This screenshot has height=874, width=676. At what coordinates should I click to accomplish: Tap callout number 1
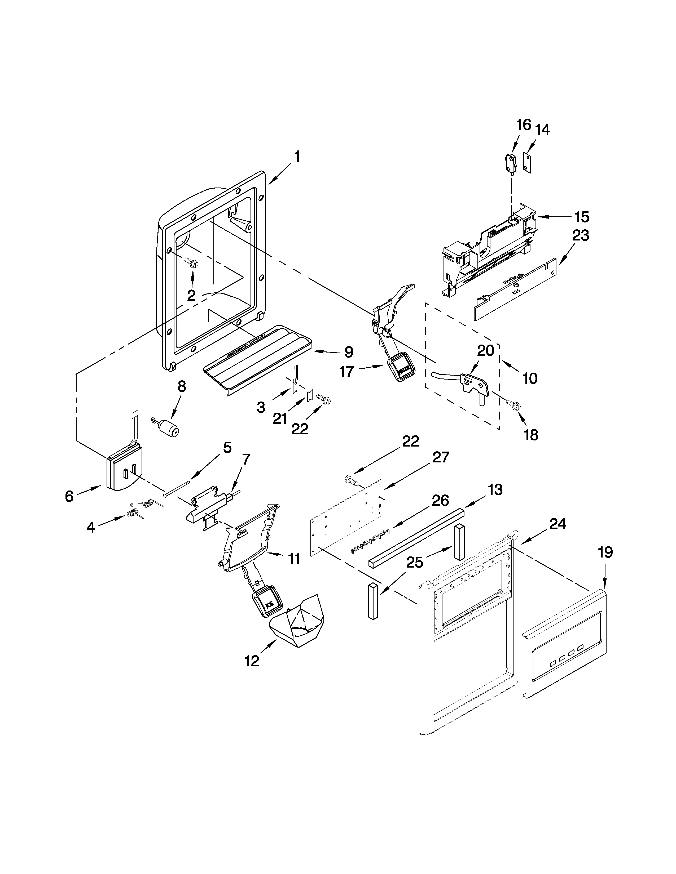pyautogui.click(x=297, y=157)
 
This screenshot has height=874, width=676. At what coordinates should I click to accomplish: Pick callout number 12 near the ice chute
pyautogui.click(x=252, y=661)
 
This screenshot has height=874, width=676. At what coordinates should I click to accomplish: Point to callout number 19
pyautogui.click(x=605, y=553)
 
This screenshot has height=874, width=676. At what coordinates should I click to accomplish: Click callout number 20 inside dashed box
pyautogui.click(x=485, y=351)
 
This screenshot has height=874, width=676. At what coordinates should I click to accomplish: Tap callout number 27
pyautogui.click(x=441, y=457)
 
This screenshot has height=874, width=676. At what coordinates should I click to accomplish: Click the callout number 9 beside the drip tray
pyautogui.click(x=348, y=352)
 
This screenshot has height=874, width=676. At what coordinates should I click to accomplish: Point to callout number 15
pyautogui.click(x=581, y=217)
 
